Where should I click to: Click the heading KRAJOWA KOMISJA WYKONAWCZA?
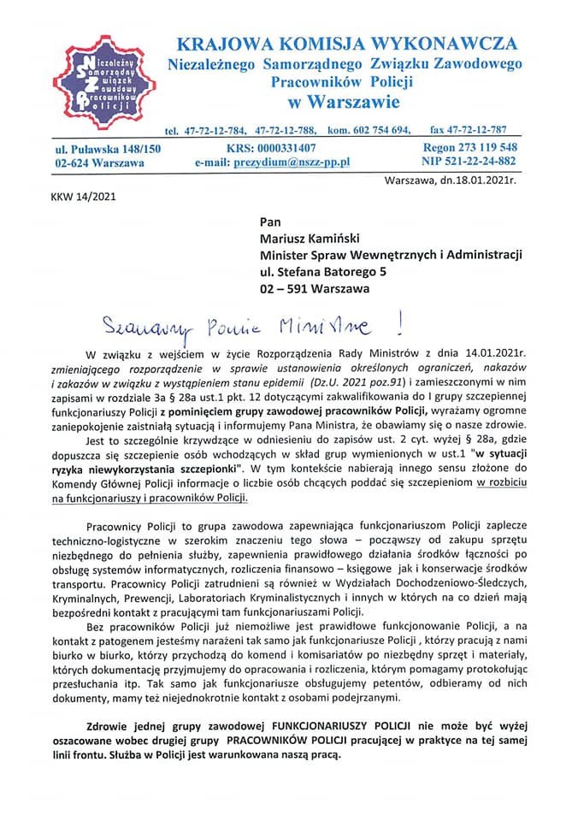(346, 44)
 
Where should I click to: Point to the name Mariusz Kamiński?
(313, 238)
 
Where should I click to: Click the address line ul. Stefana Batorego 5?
(324, 272)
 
